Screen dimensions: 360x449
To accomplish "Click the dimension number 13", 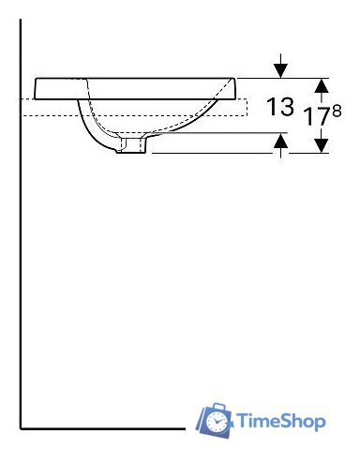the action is pyautogui.click(x=280, y=107).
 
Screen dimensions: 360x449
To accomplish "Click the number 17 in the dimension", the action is pyautogui.click(x=317, y=116).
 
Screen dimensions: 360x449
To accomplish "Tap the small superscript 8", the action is pyautogui.click(x=337, y=111).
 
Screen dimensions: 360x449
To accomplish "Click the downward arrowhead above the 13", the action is pyautogui.click(x=280, y=70).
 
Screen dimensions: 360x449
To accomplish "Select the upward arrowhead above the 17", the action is pyautogui.click(x=322, y=85).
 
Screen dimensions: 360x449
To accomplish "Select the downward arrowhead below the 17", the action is pyautogui.click(x=322, y=145).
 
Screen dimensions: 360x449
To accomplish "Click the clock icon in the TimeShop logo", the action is pyautogui.click(x=217, y=422).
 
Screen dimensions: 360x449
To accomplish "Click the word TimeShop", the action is pyautogui.click(x=281, y=421).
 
